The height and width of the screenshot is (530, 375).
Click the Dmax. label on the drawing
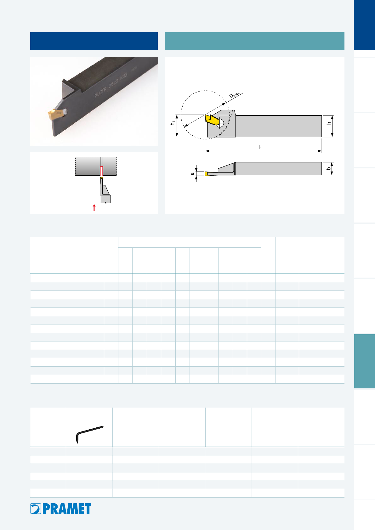point(235,95)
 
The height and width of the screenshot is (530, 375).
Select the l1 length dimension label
point(260,147)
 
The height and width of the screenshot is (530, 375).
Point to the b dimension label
point(329,168)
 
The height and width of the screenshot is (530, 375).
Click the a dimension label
point(192,174)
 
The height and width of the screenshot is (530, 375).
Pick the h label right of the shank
point(329,123)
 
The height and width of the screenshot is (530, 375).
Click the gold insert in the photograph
point(55,114)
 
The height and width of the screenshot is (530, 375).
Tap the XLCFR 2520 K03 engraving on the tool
point(111,85)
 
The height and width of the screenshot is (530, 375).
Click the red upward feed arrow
point(94,207)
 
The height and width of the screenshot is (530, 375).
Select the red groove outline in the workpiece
point(102,171)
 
